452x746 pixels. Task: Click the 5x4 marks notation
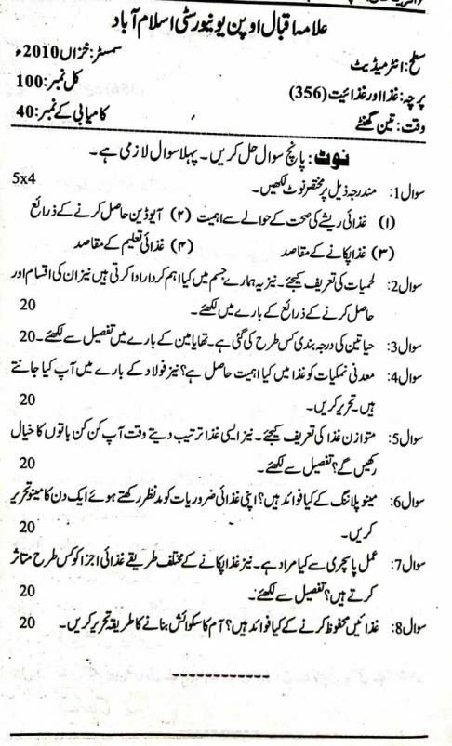24,177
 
